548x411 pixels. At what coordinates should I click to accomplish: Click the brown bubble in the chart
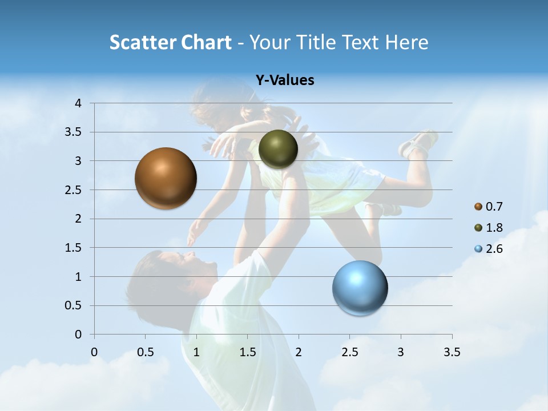click(x=166, y=178)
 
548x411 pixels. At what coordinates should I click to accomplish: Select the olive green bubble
click(x=278, y=149)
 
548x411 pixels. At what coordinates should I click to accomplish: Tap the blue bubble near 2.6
click(x=360, y=288)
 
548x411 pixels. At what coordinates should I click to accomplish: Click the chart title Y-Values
click(x=284, y=80)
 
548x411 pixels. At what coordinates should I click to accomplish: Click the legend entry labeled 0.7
click(x=488, y=207)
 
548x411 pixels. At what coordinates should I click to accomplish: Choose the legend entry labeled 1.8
click(x=488, y=228)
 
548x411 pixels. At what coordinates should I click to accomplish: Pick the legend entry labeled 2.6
click(x=488, y=249)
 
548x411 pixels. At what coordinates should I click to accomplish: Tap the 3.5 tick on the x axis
click(x=452, y=352)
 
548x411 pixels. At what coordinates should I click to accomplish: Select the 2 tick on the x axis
click(x=299, y=352)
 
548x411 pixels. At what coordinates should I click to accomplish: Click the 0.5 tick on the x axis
click(x=146, y=352)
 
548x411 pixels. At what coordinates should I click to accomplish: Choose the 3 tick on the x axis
click(x=401, y=352)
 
